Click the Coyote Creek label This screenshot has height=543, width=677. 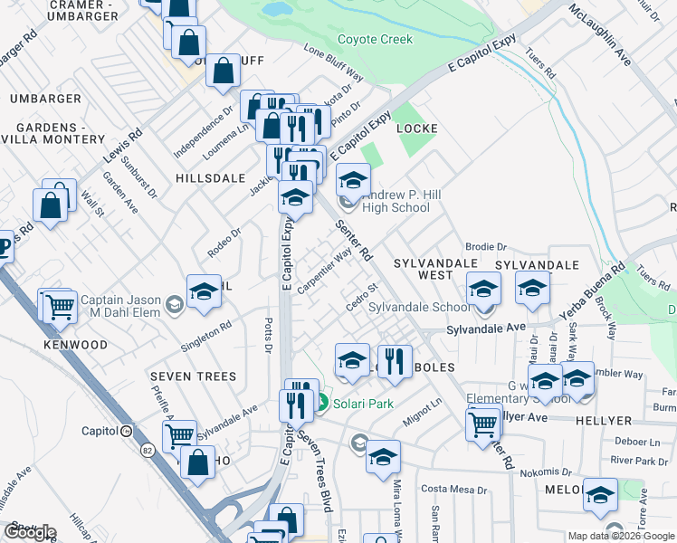click(x=375, y=40)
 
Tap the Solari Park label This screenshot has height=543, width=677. click(x=362, y=404)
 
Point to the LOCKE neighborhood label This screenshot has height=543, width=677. click(x=416, y=129)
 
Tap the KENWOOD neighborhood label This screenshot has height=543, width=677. click(x=74, y=345)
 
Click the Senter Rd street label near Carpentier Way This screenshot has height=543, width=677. click(x=354, y=241)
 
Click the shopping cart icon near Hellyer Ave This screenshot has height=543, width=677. click(x=483, y=423)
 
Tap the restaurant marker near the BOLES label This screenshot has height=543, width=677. click(x=394, y=361)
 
